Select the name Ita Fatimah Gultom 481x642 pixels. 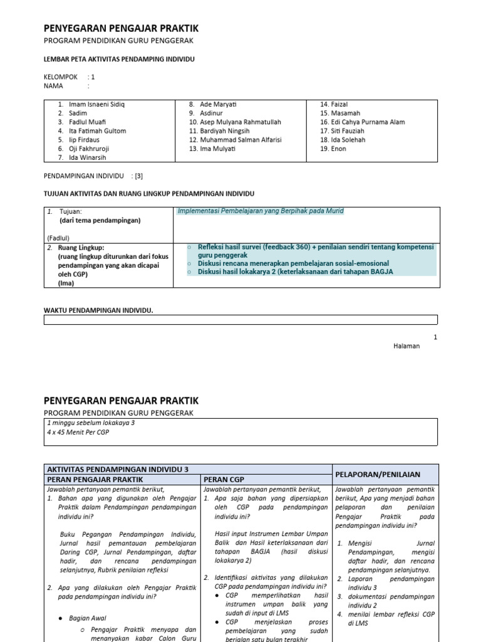pos(97,131)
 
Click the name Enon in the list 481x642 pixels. pos(339,149)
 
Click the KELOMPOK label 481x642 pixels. pos(61,76)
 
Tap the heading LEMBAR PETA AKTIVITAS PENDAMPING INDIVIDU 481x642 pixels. pos(119,59)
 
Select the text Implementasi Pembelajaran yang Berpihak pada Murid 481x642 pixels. pos(261,211)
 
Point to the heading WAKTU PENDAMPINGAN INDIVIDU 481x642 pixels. pos(98,310)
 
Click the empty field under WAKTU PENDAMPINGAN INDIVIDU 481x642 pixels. pos(240,321)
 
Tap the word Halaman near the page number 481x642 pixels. pos(406,346)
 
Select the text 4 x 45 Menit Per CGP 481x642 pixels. pos(78,433)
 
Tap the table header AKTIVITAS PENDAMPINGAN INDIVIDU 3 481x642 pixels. pos(118,469)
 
